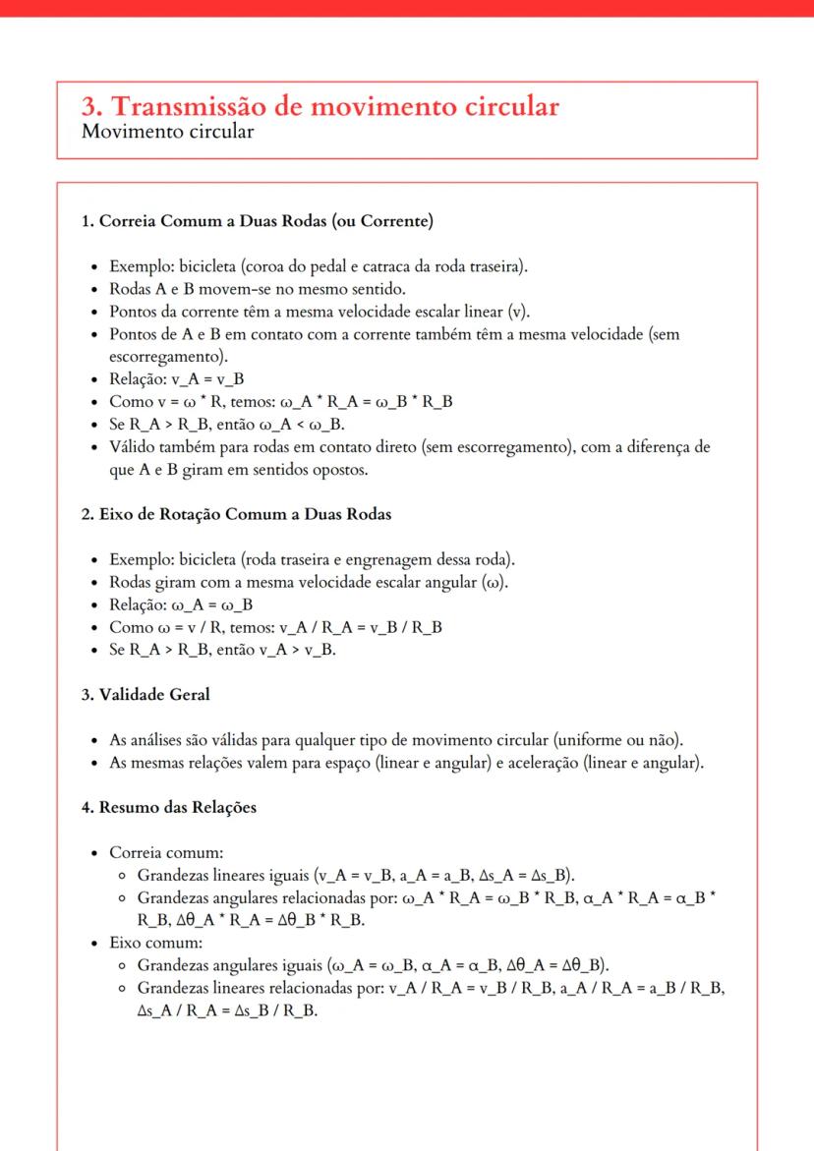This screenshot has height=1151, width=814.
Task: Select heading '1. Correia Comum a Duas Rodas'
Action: [x=258, y=221]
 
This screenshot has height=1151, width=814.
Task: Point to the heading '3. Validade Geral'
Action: [x=145, y=694]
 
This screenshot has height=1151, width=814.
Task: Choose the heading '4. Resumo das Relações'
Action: [x=169, y=807]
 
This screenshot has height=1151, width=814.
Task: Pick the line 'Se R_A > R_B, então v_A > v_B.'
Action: [x=222, y=650]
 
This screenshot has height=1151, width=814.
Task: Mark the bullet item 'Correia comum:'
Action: [x=159, y=851]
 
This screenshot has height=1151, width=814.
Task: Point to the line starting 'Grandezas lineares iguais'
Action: [x=356, y=874]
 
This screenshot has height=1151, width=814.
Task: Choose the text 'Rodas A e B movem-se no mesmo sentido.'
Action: [x=257, y=289]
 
